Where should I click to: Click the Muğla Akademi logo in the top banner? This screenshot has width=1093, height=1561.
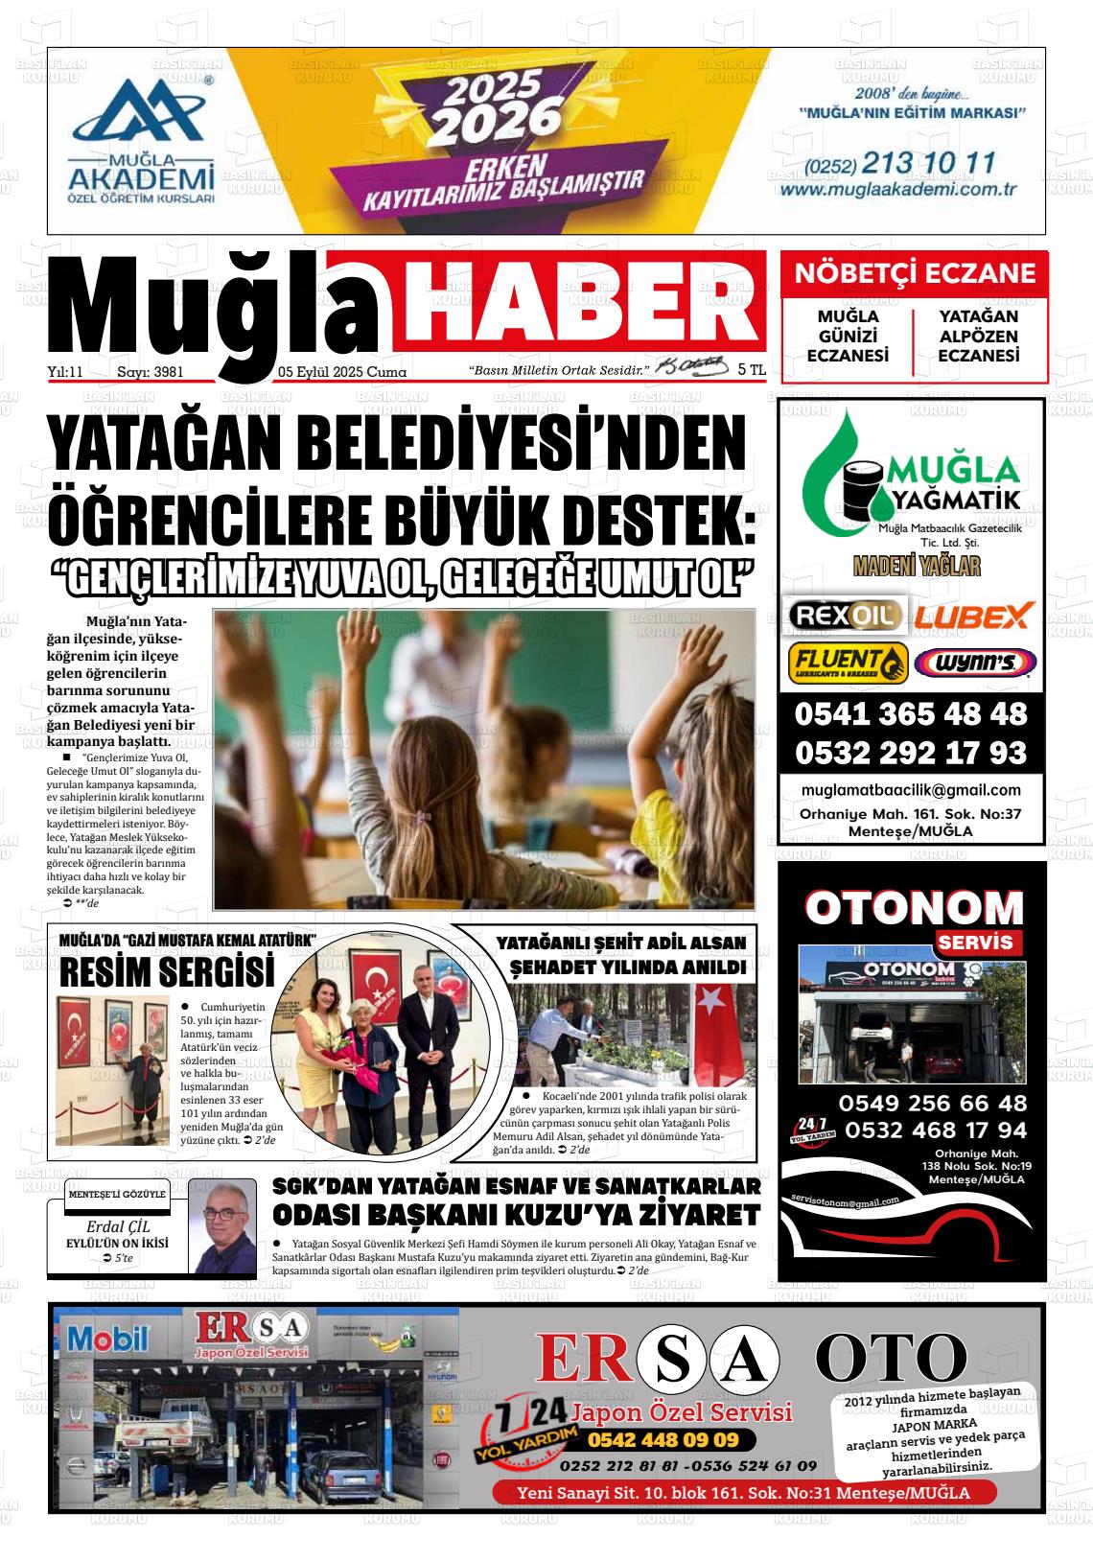click(x=141, y=140)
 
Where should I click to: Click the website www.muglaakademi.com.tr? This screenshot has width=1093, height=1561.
click(x=898, y=189)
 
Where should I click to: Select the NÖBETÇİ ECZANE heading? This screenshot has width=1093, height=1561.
click(x=915, y=274)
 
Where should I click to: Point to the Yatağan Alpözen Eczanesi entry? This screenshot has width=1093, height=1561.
click(x=978, y=336)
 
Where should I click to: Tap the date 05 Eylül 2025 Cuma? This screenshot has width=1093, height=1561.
click(x=342, y=372)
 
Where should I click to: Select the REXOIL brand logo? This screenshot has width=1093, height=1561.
click(x=844, y=615)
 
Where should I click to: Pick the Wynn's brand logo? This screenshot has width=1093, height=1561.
click(x=974, y=663)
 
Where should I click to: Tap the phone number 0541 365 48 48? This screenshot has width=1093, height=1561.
click(x=910, y=714)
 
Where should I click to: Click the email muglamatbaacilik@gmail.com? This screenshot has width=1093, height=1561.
click(x=910, y=790)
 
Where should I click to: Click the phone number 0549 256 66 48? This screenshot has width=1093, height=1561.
click(x=932, y=1103)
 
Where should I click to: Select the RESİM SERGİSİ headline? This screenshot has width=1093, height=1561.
click(x=167, y=972)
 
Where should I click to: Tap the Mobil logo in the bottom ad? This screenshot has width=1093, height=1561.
click(x=108, y=1338)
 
